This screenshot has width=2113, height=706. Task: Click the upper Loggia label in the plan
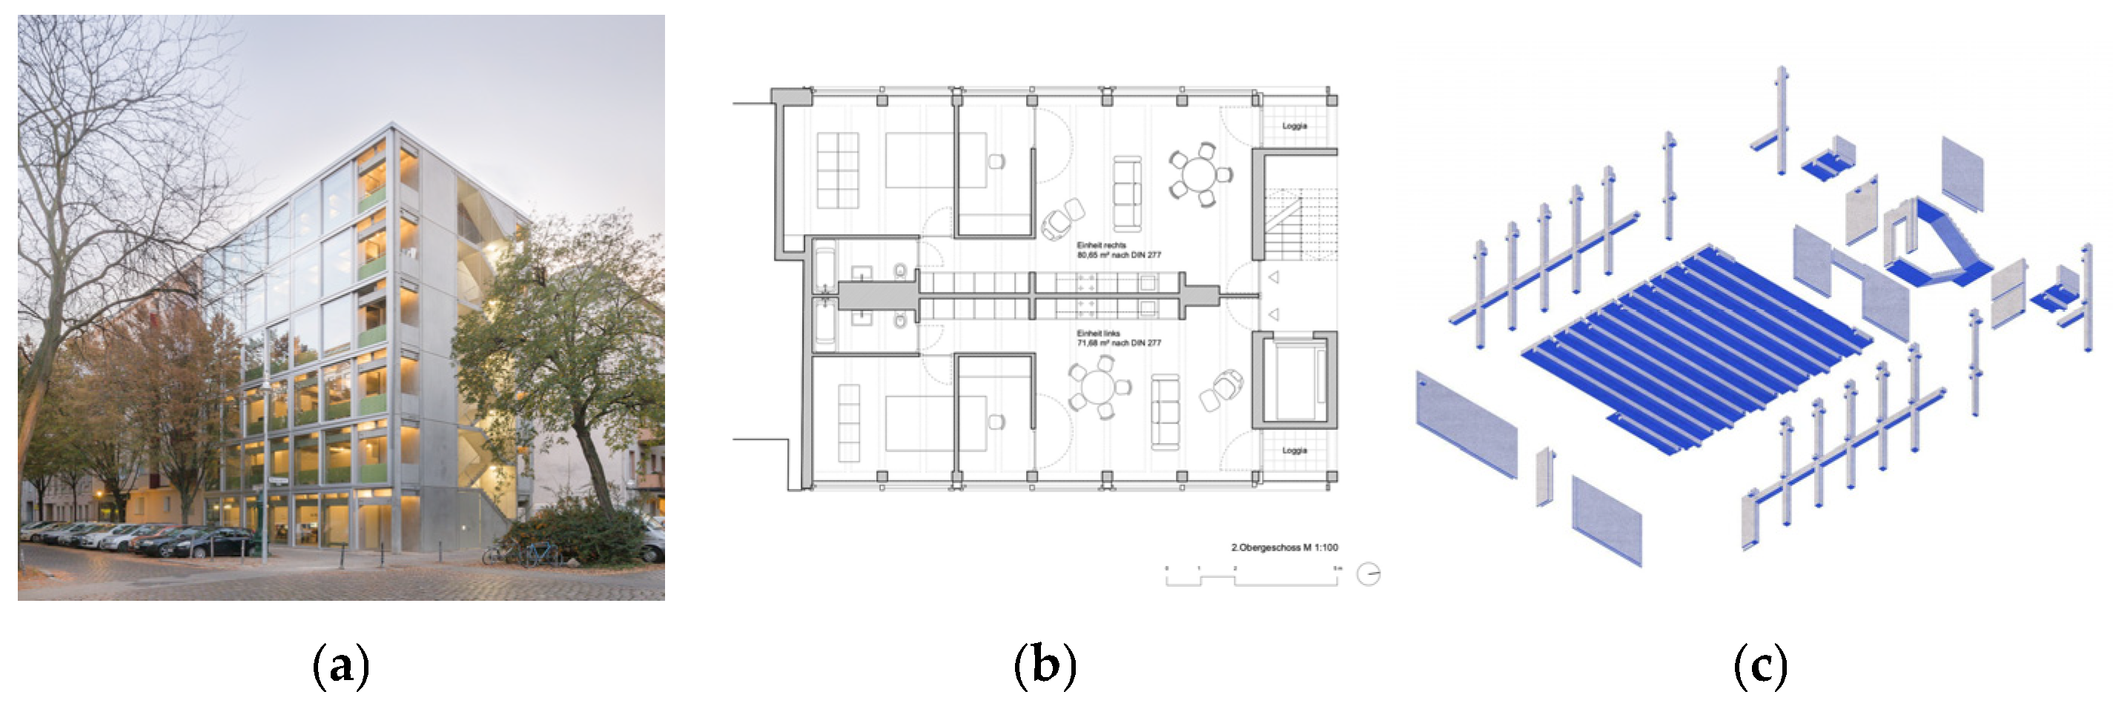point(1294,126)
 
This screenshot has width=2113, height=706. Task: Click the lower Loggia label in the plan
point(1294,450)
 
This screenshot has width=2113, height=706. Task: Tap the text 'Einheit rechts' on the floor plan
point(1101,245)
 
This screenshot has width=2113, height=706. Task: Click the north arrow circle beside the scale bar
point(1368,574)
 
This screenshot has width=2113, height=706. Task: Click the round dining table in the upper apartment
point(1200,175)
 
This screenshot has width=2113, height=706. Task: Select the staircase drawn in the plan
point(1300,223)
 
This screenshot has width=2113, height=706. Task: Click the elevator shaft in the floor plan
point(1294,379)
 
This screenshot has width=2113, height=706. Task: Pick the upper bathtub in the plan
point(824,267)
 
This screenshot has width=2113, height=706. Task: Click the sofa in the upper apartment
point(1127,193)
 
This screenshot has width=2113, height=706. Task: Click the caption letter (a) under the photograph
point(341,665)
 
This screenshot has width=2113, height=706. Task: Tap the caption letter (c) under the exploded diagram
point(1760,665)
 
